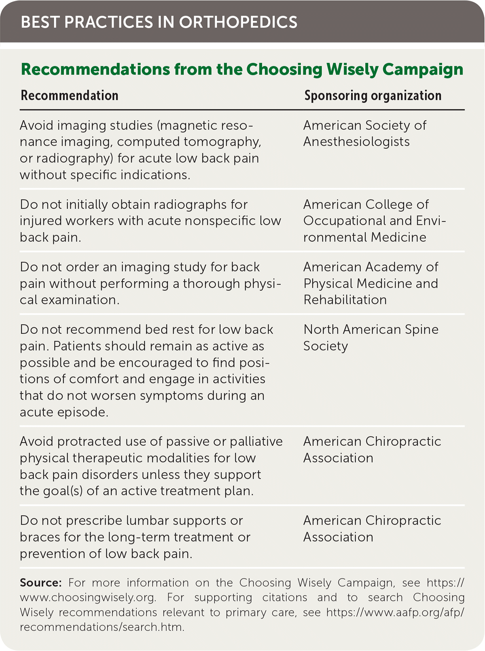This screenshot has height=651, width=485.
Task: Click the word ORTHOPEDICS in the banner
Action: [x=238, y=23]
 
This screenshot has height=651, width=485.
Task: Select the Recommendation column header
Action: [x=70, y=96]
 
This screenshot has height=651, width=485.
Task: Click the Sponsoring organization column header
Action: [x=373, y=96]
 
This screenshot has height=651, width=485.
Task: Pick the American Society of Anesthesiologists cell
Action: [x=364, y=134]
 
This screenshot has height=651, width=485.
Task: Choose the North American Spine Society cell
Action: [x=371, y=338]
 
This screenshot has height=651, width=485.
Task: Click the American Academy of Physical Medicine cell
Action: [x=371, y=283]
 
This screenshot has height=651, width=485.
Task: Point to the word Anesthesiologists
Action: [x=356, y=142]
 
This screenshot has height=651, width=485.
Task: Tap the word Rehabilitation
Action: [x=345, y=300]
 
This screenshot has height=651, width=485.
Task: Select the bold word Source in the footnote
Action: [x=40, y=583]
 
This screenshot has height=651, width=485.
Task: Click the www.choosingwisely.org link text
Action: [x=87, y=598]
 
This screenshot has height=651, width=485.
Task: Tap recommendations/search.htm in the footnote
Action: [x=101, y=627]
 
